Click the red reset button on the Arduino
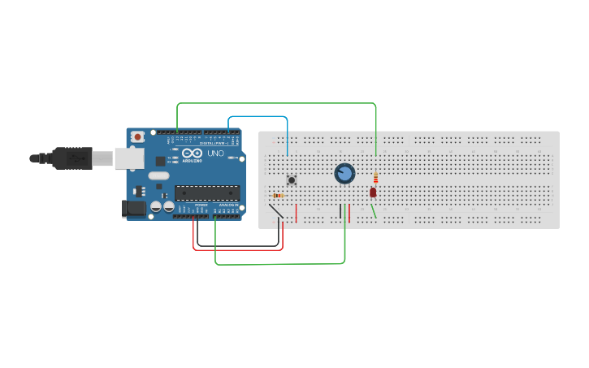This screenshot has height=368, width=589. [138, 136]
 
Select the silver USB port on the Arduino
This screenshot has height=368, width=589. [128, 158]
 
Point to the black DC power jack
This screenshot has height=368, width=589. [134, 209]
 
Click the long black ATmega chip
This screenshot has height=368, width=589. [207, 193]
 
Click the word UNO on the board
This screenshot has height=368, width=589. [216, 154]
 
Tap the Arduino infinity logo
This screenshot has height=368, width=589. [193, 153]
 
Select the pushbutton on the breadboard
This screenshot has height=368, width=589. [291, 180]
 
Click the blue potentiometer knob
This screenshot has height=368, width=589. [344, 173]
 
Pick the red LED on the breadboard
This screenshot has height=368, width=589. [373, 193]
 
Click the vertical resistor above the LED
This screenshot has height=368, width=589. [375, 179]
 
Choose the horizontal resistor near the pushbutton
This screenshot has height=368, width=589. [279, 196]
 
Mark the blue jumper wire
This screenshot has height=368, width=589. [258, 117]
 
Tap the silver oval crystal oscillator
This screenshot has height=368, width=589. [158, 175]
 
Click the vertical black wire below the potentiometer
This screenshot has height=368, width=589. [340, 211]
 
